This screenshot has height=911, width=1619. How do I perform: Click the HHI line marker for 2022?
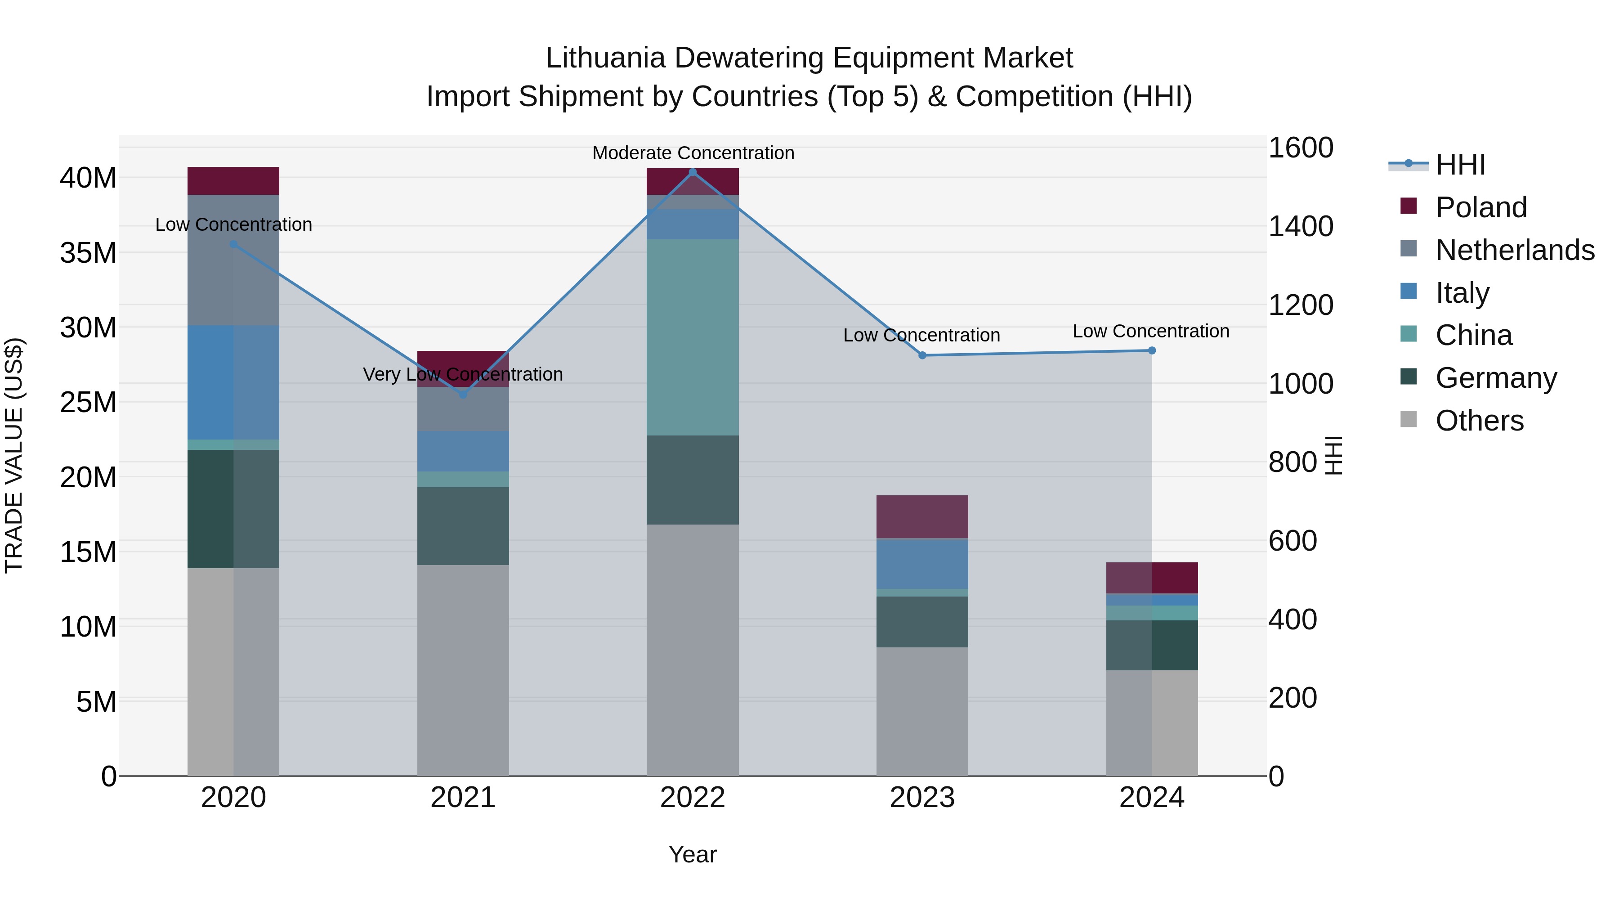coord(693,172)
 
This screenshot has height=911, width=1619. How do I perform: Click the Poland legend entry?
coord(1481,207)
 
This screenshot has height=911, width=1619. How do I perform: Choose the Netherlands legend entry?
coord(1515,250)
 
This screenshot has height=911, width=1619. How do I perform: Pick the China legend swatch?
coord(1409,334)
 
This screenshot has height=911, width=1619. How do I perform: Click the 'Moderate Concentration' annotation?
coord(693,153)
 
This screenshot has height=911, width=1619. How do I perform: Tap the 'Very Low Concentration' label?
coord(463,374)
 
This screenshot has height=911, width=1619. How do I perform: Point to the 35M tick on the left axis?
coord(88,253)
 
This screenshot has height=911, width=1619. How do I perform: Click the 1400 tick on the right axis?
coord(1300,226)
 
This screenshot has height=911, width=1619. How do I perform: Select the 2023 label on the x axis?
coord(922,798)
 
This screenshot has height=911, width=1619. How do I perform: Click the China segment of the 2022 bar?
coord(693,337)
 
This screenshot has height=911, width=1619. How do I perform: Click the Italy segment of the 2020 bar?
coord(233,382)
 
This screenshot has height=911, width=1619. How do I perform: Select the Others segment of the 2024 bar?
coord(1151,723)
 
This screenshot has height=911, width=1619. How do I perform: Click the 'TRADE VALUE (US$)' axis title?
coord(14,455)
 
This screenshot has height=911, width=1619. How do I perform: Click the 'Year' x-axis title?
coord(693,854)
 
